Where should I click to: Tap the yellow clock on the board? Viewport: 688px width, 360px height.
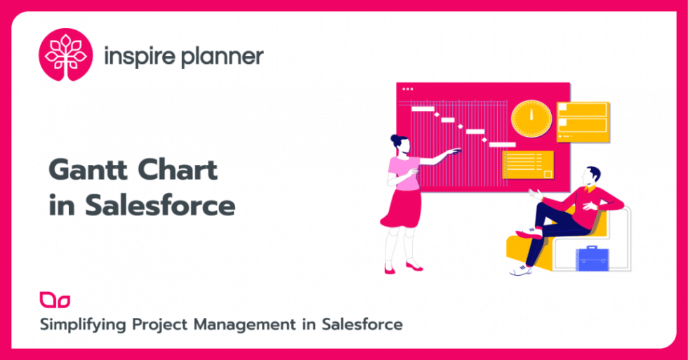tap(531, 118)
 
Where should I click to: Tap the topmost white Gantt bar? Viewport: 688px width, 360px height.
tap(423, 109)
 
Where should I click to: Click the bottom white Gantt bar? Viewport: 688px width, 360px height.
tap(503, 145)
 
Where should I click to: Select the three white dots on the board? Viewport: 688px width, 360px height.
tap(408, 89)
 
